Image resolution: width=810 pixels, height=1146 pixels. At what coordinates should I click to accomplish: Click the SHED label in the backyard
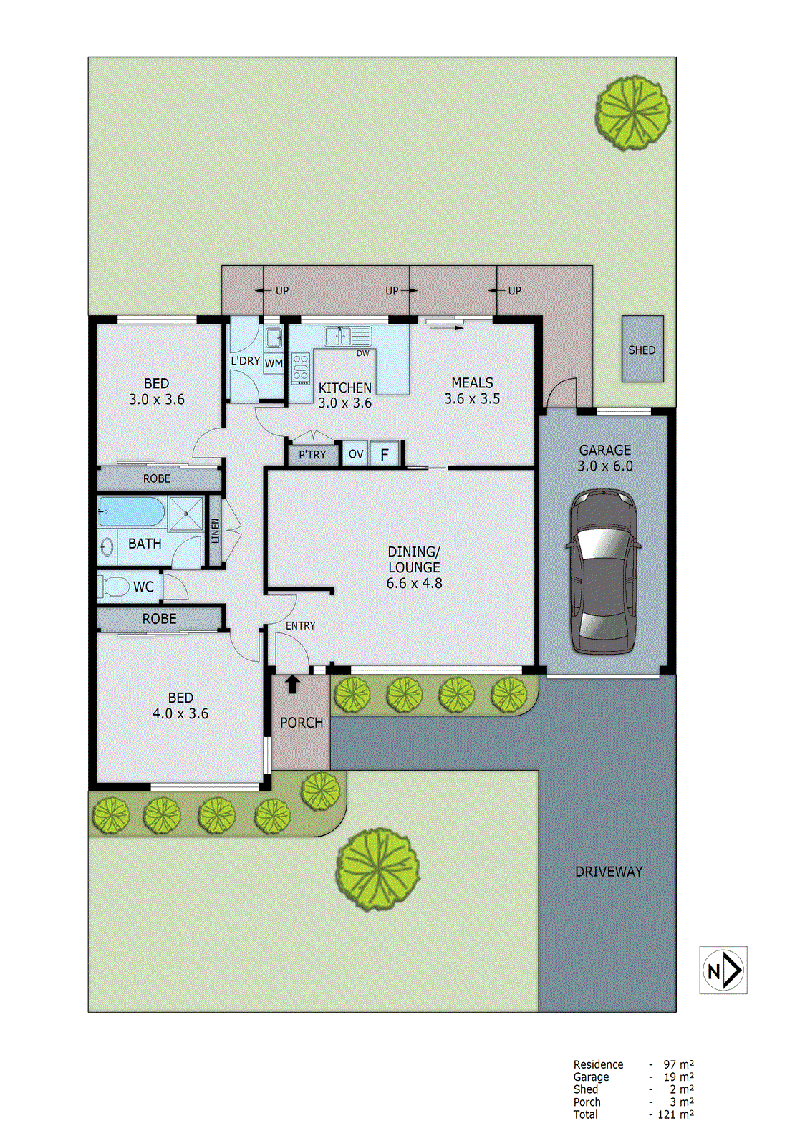click(642, 350)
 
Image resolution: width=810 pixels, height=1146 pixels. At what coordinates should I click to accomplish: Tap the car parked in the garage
click(604, 571)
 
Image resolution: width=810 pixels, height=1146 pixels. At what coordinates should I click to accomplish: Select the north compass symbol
click(723, 970)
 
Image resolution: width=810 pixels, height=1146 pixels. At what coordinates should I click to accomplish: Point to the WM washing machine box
click(274, 364)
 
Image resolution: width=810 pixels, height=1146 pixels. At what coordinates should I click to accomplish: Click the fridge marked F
click(385, 454)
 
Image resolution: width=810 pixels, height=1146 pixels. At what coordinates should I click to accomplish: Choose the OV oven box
click(356, 453)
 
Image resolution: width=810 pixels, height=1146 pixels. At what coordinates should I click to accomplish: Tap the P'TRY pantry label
click(312, 455)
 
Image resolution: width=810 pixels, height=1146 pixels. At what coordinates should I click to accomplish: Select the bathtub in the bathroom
click(132, 512)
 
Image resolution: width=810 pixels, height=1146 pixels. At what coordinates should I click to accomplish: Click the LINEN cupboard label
click(216, 531)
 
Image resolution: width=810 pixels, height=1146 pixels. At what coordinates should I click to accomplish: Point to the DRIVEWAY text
click(609, 871)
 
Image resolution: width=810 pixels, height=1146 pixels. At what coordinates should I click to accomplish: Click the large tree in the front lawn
click(377, 869)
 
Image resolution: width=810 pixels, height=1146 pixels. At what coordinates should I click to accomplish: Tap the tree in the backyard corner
click(633, 112)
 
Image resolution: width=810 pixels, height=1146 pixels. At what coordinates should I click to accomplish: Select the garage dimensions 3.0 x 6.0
click(605, 466)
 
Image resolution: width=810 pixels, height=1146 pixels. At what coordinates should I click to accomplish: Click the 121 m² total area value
click(675, 1114)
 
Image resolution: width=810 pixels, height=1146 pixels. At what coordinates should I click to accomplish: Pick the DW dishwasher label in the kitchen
click(363, 353)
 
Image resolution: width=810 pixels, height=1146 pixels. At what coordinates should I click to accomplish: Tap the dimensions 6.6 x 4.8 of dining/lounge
click(414, 583)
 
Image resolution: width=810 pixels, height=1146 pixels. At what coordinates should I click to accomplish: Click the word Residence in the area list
click(598, 1064)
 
